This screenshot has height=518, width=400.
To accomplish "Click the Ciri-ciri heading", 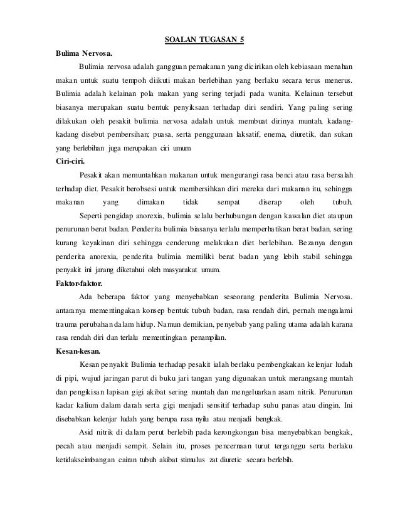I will point(71,161).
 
